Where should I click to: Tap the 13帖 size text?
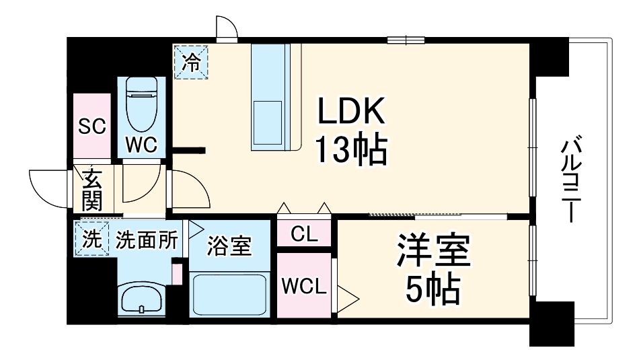pos(351,151)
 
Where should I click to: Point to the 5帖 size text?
pos(432,290)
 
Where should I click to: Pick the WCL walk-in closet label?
pos(304,286)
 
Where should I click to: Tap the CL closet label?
pos(303,234)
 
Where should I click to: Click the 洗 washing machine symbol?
pos(90,238)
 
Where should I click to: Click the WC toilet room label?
pos(141,144)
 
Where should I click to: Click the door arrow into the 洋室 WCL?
pos(348,293)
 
